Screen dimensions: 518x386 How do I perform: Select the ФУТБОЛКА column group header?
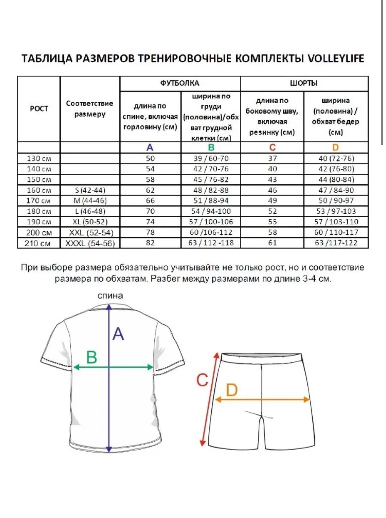(x=180, y=83)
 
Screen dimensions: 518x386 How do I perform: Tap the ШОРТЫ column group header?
(x=304, y=83)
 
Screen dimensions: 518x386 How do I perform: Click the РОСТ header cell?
(x=39, y=109)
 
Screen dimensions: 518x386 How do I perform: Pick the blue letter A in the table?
(x=150, y=147)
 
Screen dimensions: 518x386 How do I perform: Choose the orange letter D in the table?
(x=335, y=147)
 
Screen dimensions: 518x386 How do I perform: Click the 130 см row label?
(x=39, y=159)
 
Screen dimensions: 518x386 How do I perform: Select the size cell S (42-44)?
(x=90, y=190)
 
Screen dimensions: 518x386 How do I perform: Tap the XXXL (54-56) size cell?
(x=90, y=243)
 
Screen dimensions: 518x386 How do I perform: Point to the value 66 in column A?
(x=150, y=201)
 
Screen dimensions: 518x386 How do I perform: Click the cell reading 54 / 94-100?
(x=211, y=211)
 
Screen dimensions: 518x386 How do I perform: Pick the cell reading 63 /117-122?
(x=336, y=243)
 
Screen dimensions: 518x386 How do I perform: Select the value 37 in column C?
(x=272, y=159)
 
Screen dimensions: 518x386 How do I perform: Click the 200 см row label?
(x=39, y=233)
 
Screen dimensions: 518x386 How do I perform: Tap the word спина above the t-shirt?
(x=110, y=296)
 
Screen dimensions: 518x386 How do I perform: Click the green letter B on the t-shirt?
(x=92, y=357)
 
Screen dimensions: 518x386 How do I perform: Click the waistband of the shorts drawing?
(x=261, y=358)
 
